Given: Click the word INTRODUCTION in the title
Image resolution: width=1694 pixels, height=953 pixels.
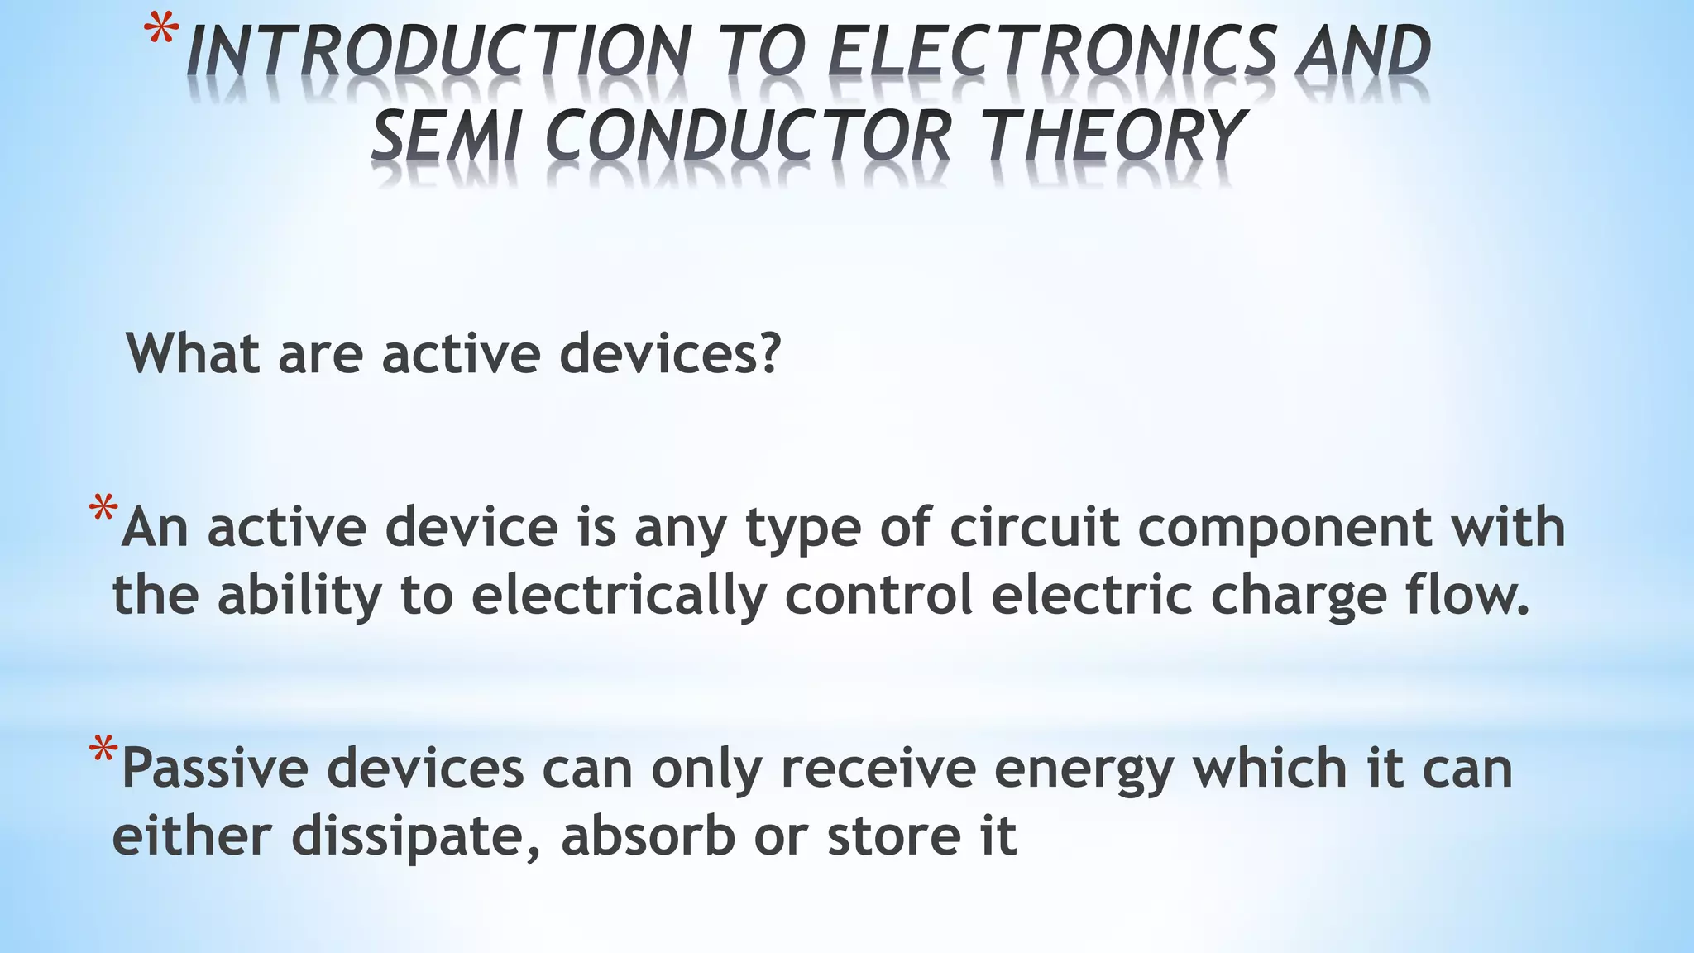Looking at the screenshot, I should point(438,51).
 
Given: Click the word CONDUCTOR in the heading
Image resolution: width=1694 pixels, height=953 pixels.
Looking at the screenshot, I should point(749,136).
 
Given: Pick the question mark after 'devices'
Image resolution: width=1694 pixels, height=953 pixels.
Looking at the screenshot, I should point(768,353).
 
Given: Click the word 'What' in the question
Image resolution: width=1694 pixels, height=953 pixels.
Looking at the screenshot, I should point(194,353).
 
